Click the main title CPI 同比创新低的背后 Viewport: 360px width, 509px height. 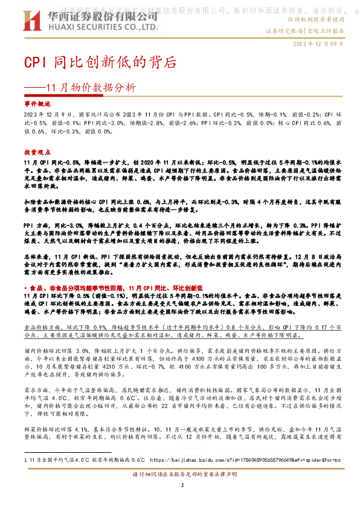[x=100, y=62]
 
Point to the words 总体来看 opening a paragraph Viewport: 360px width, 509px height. [x=35, y=240]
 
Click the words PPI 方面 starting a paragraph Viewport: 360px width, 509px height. [x=36, y=207]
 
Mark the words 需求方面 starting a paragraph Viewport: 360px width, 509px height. [x=35, y=391]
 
